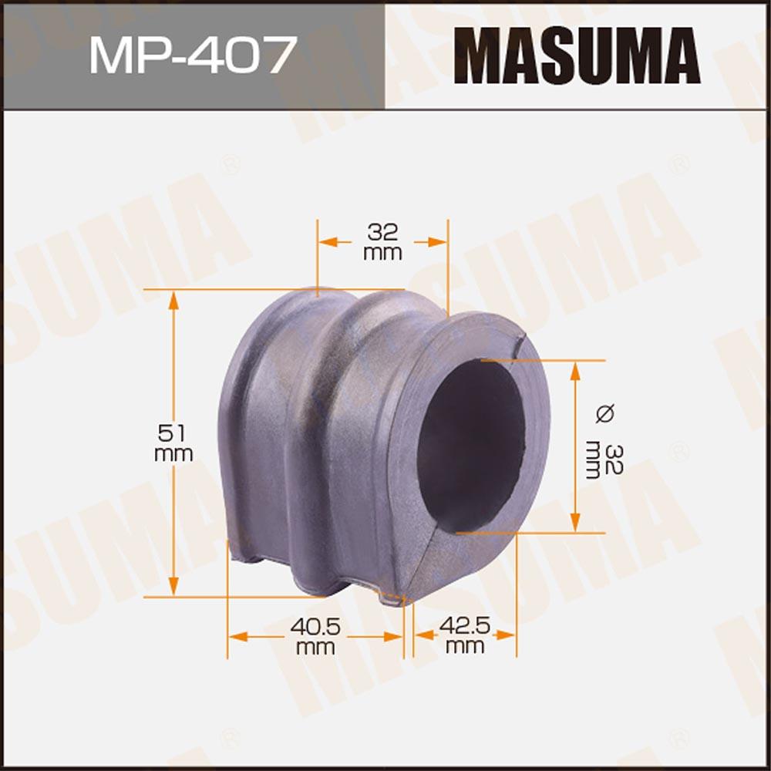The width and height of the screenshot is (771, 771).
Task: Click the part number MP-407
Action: coord(194,54)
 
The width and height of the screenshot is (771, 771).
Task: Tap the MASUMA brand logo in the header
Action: coord(577,55)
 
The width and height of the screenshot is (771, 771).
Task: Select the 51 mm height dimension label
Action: coord(173,443)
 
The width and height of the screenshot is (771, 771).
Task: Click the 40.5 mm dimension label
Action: coord(315,636)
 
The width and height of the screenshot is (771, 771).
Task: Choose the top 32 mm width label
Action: coord(382,241)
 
